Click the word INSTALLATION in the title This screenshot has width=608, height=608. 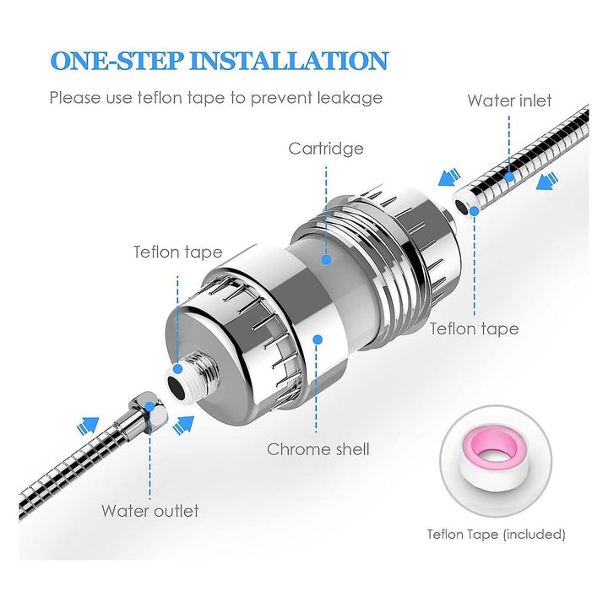coord(289,61)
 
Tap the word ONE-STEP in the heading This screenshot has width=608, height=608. coord(117,61)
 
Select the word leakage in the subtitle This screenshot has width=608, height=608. coord(350,98)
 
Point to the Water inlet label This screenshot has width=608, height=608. coord(509,100)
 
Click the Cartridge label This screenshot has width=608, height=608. coord(326,149)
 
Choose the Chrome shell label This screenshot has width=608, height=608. coord(318,449)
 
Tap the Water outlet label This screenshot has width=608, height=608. coord(150,511)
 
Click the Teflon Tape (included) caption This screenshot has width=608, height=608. coord(496,535)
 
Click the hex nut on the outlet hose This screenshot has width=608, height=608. coord(149,410)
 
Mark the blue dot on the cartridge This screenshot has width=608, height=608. coord(327,259)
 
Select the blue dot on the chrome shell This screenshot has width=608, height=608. coord(318,339)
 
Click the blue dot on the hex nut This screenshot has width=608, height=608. coord(149,407)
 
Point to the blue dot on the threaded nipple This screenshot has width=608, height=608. coord(177,368)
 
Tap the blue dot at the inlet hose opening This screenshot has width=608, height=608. coord(474,211)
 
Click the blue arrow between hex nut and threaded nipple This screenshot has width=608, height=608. coord(183,425)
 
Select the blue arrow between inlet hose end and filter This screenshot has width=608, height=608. coord(449,177)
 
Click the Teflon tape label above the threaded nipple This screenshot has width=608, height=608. coord(178,252)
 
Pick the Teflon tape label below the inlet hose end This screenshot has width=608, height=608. coord(474,328)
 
